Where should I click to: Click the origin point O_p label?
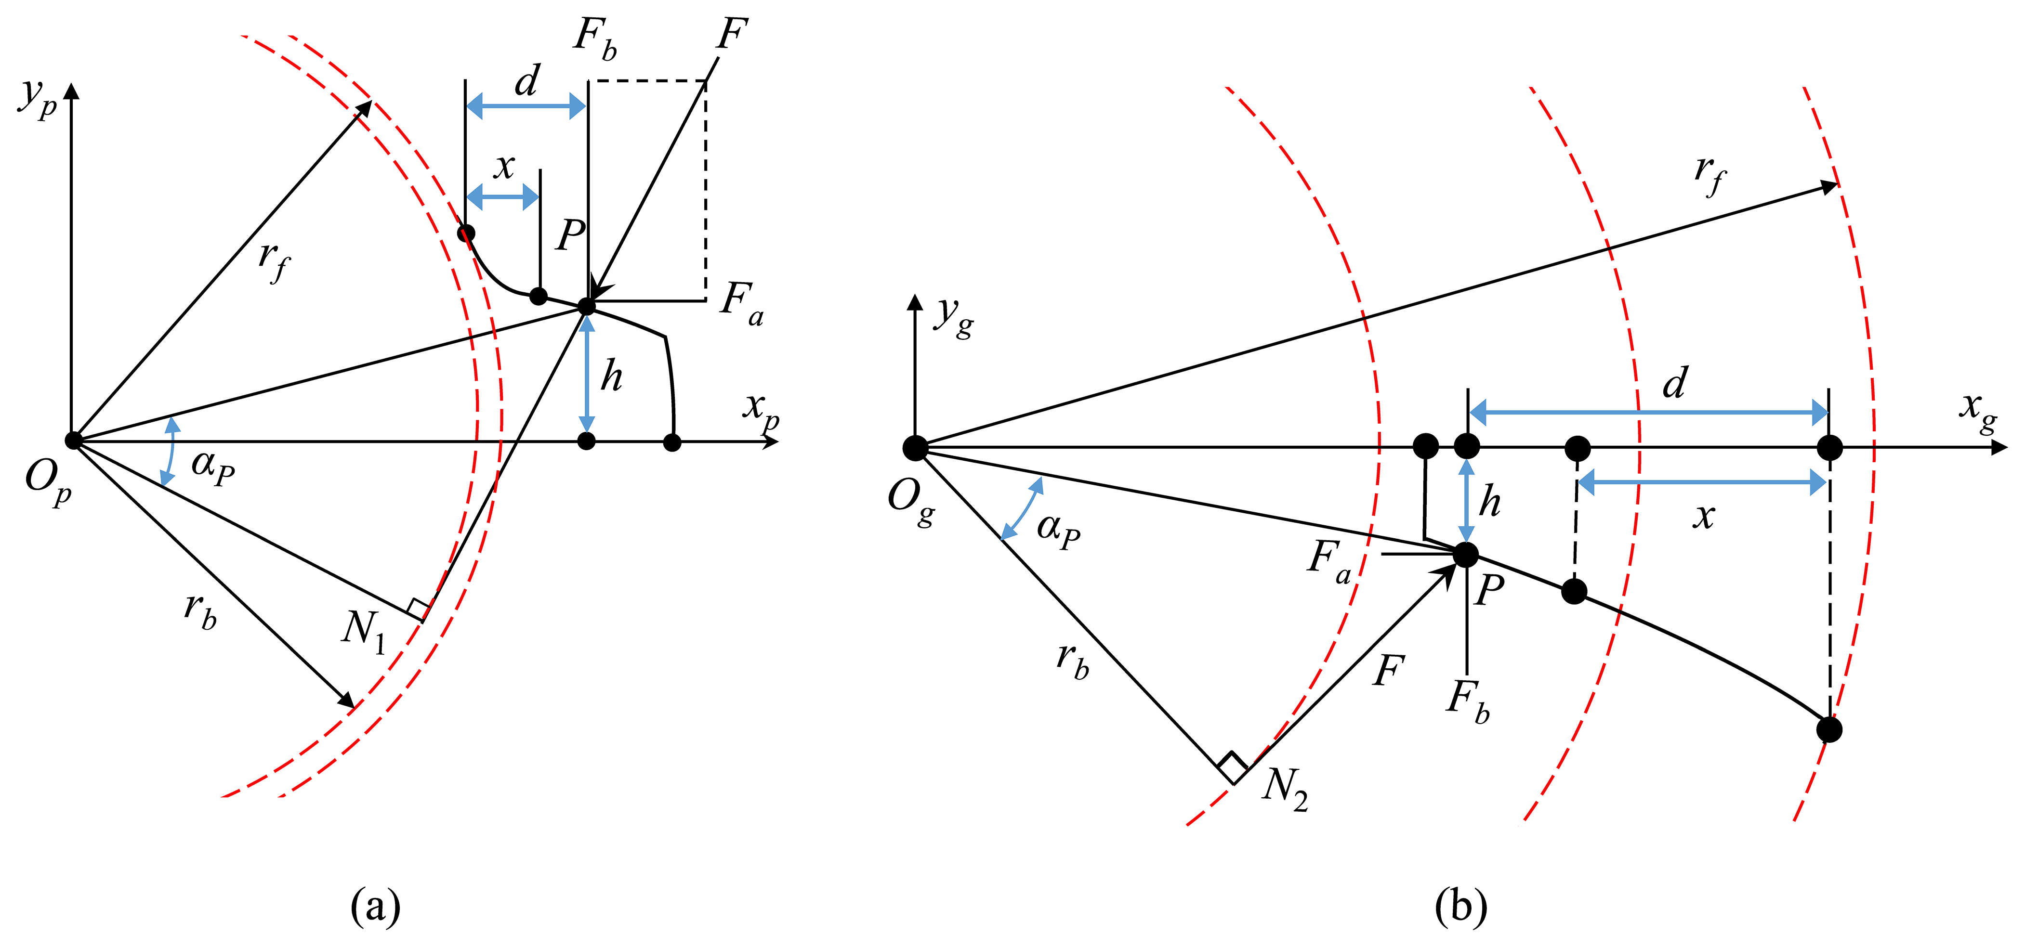coord(49,480)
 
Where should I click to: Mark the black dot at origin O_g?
coord(915,448)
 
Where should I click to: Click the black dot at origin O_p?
coord(73,440)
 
